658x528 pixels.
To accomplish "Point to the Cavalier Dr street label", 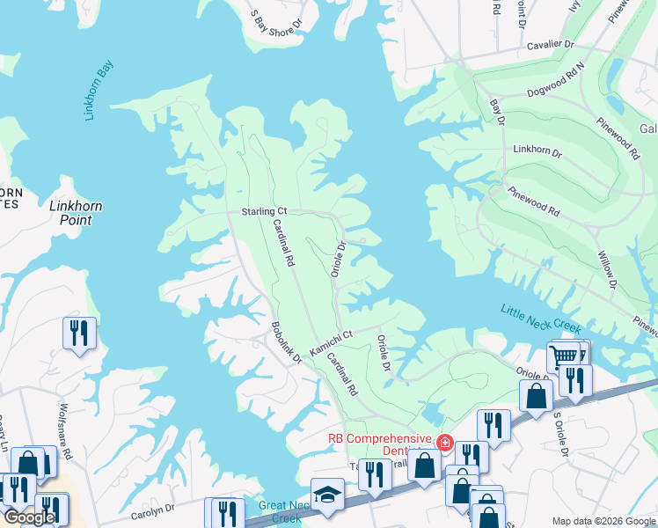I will click(x=550, y=44).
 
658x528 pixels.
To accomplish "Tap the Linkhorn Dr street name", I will click(x=537, y=151).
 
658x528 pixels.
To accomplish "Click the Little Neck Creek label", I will click(x=541, y=319).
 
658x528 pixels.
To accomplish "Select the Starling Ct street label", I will click(x=264, y=212).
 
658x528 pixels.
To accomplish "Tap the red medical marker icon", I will click(x=444, y=442).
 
